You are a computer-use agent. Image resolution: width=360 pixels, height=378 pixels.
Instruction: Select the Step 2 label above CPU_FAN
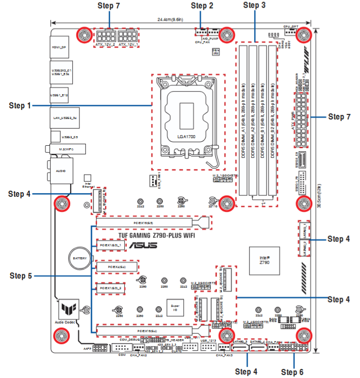[x=202, y=6]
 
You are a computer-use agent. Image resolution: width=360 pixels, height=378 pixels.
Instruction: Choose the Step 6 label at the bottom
[x=292, y=372]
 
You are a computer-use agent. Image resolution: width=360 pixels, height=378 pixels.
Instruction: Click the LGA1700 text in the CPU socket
[x=185, y=137]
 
